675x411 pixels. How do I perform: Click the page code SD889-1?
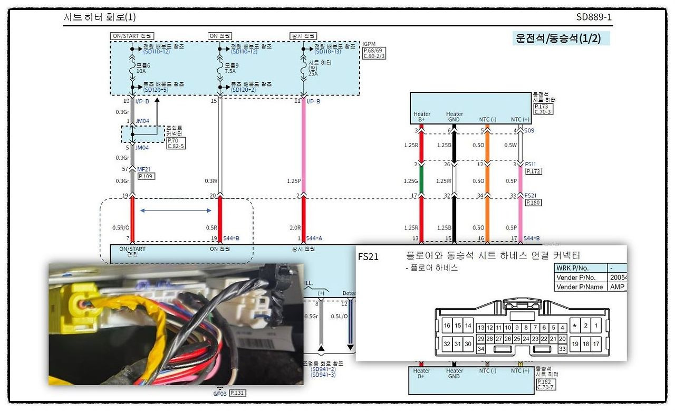(x=594, y=17)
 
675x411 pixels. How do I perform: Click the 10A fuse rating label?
(x=141, y=71)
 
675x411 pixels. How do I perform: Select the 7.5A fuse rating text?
(x=228, y=71)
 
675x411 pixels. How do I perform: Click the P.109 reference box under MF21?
(x=146, y=176)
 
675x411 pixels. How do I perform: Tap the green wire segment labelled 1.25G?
(x=421, y=181)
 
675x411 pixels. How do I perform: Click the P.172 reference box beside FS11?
(x=533, y=171)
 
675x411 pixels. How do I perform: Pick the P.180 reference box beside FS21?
(x=533, y=203)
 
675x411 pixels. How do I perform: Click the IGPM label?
(x=369, y=44)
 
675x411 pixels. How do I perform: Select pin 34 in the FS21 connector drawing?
(x=480, y=349)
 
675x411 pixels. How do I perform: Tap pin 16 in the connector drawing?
(x=447, y=326)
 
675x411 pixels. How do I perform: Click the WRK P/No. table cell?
(x=580, y=267)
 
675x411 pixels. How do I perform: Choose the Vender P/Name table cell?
(x=580, y=287)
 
